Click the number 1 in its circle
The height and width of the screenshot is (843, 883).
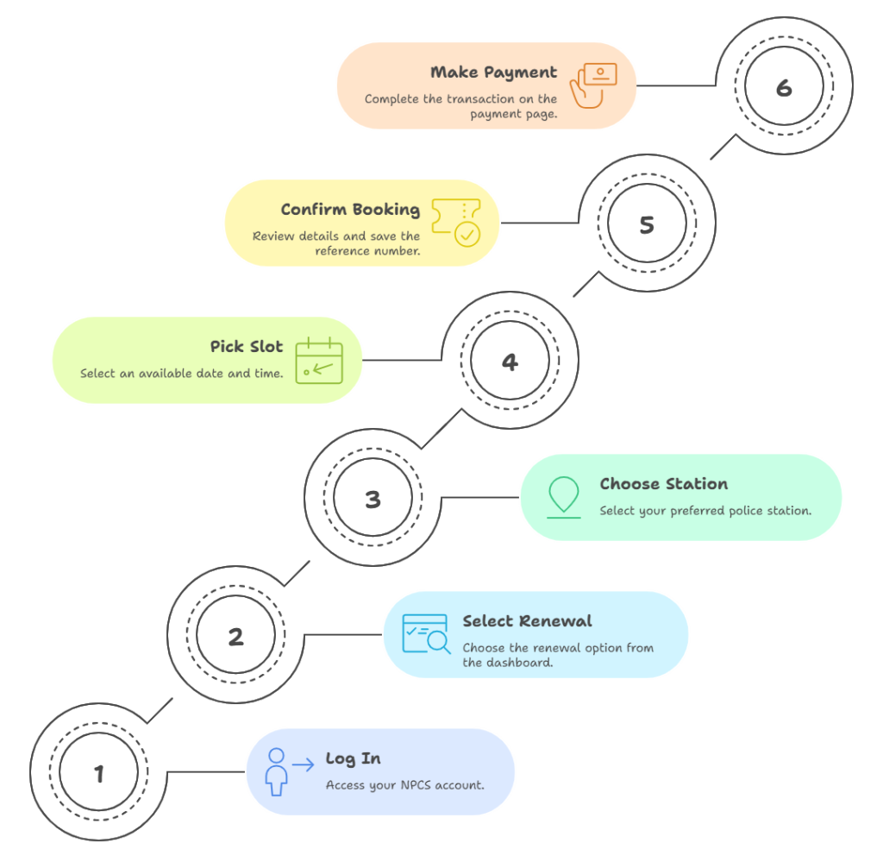tap(99, 774)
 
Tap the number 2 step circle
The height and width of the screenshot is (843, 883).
tap(236, 635)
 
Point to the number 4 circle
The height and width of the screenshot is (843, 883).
tap(510, 361)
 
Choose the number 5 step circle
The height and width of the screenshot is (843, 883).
tap(647, 223)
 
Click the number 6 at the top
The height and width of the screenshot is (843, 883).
tap(784, 88)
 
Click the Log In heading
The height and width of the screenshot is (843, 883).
tap(353, 759)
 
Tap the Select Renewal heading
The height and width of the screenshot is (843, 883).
tap(527, 621)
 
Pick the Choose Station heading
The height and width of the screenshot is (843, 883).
tap(663, 483)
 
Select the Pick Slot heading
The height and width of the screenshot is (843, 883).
tap(247, 347)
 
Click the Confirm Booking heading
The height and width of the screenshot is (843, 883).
tap(350, 210)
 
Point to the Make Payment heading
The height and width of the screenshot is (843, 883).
tap(493, 72)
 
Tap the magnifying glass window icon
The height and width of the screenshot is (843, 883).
tap(426, 634)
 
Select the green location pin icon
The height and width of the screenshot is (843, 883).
tap(564, 497)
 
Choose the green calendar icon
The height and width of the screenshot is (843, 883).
tap(319, 360)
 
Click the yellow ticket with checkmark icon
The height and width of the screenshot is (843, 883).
tap(456, 223)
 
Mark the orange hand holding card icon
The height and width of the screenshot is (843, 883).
tap(593, 85)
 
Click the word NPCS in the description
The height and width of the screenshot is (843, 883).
tap(416, 785)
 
